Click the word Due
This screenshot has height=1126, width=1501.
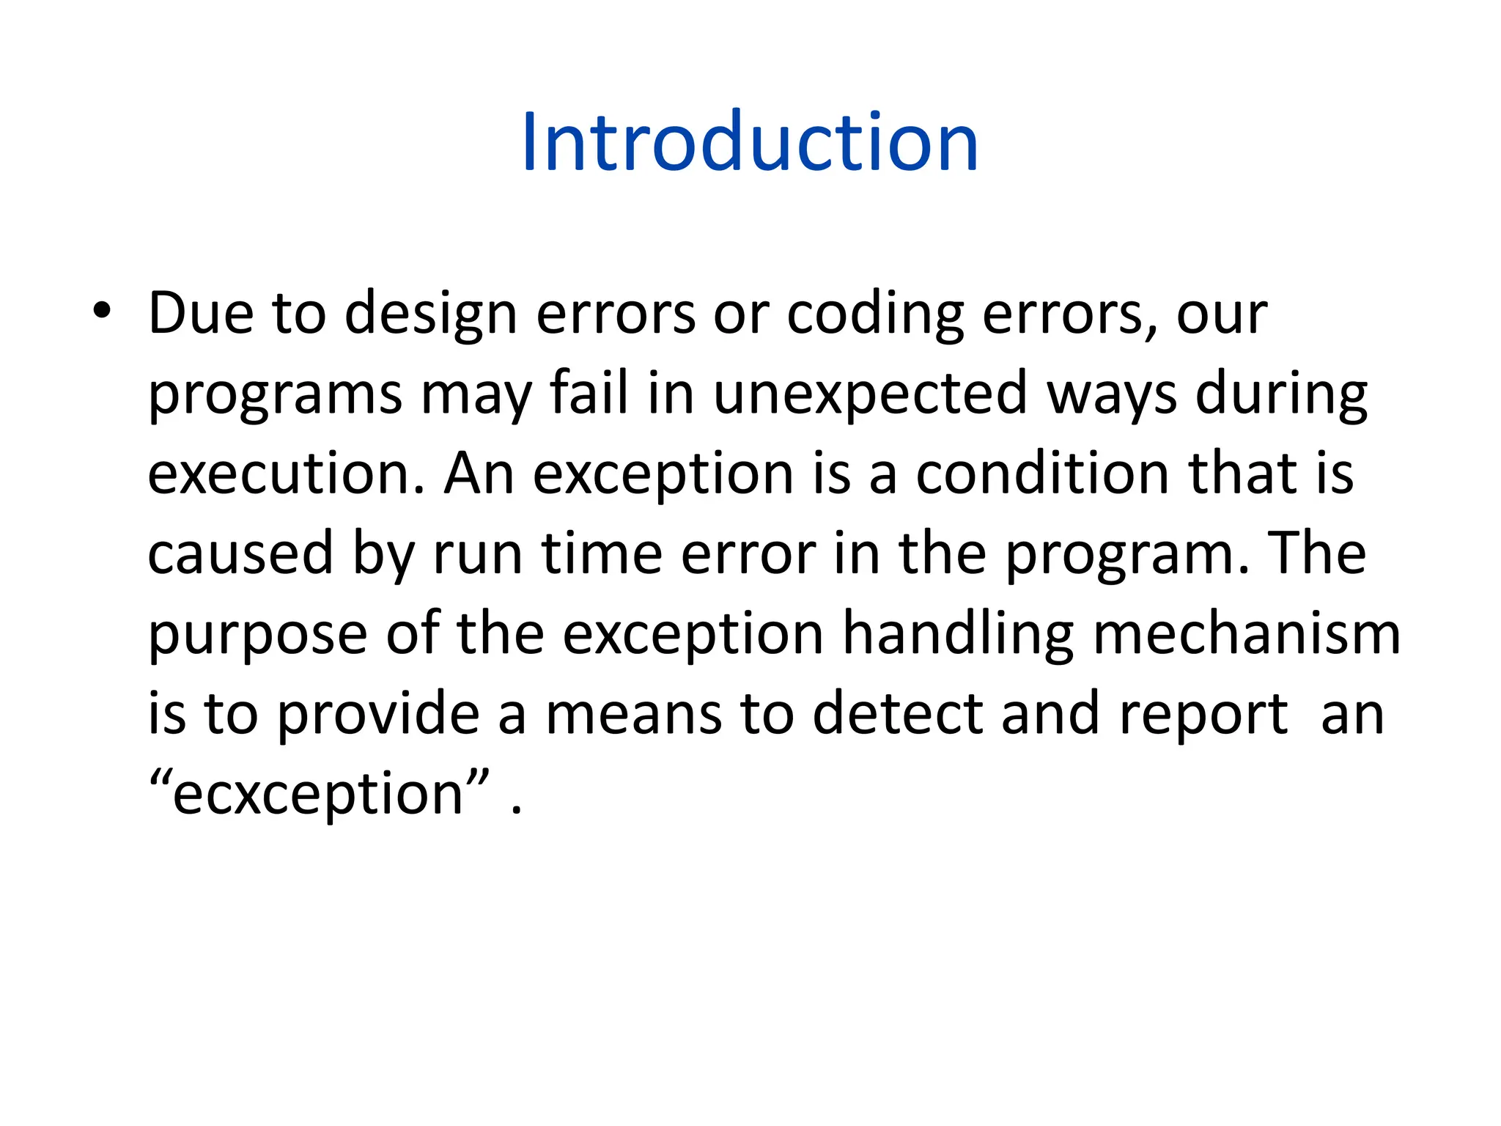tap(200, 313)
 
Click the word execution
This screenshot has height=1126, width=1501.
tap(286, 474)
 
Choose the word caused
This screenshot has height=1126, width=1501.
tap(240, 553)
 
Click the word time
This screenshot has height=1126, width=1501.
tap(602, 553)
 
